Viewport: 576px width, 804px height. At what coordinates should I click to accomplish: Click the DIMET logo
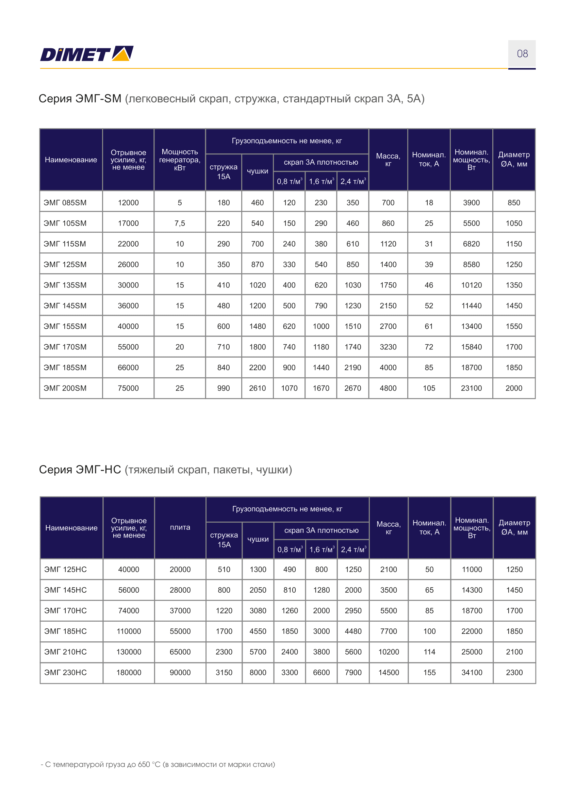[x=86, y=54]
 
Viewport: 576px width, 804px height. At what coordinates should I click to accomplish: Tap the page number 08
[x=522, y=53]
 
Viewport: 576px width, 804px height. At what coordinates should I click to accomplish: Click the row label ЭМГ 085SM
[x=65, y=202]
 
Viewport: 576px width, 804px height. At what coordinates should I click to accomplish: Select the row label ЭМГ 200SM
[x=65, y=388]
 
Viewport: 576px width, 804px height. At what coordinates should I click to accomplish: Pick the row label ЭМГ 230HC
[x=65, y=672]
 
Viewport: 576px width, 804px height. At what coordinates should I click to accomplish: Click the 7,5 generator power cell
[x=180, y=223]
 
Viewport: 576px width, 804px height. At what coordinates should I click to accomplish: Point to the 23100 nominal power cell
[x=471, y=388]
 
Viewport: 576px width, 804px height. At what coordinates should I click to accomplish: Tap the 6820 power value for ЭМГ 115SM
[x=471, y=244]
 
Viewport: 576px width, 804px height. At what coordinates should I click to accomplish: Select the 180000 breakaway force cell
[x=129, y=672]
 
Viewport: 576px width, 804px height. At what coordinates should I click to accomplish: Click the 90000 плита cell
[x=180, y=672]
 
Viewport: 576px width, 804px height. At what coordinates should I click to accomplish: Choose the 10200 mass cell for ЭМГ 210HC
[x=389, y=652]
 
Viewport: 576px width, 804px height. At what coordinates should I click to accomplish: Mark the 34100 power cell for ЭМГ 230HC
[x=472, y=672]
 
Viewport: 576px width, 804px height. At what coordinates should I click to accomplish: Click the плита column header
[x=180, y=527]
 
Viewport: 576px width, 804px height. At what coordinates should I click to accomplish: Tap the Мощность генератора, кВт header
[x=180, y=160]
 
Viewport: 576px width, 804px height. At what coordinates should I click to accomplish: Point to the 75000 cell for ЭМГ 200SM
[x=128, y=388]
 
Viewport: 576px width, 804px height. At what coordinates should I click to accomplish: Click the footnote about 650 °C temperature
[x=158, y=764]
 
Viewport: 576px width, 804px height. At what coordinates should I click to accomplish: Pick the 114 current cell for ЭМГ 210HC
[x=429, y=652]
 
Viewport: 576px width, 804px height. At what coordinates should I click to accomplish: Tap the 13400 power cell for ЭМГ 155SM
[x=471, y=326]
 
